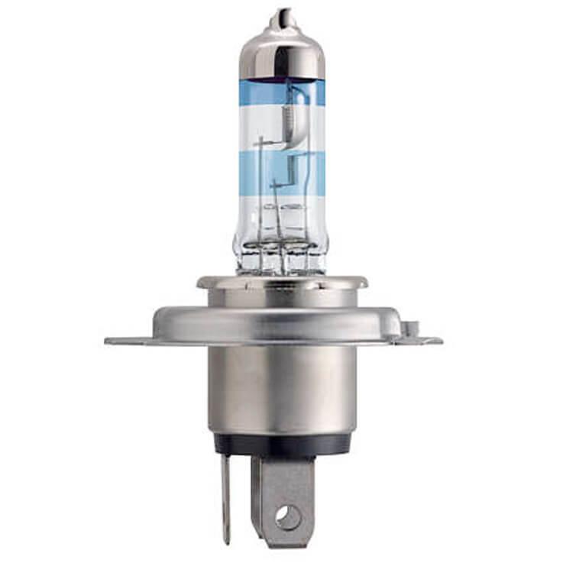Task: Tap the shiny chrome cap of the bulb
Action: point(281,53)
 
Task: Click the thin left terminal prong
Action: point(225,497)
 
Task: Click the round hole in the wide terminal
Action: point(288,519)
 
